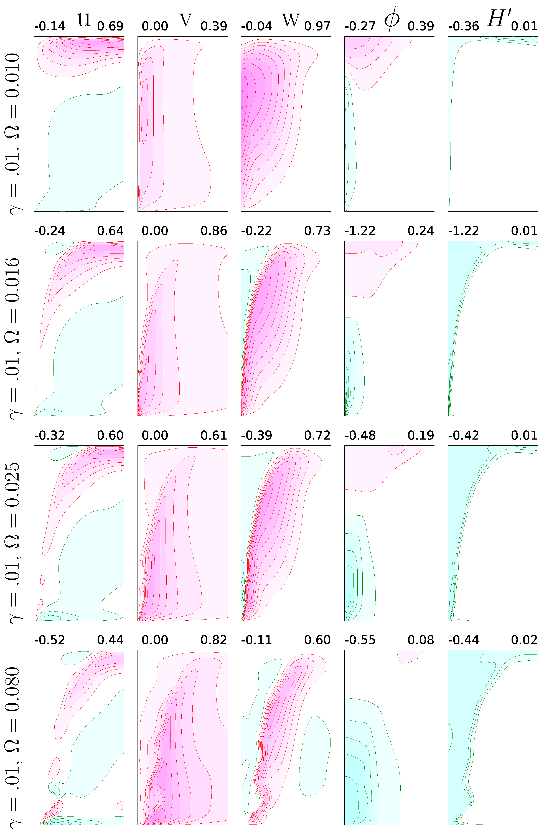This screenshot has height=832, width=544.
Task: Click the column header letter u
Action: pyautogui.click(x=84, y=20)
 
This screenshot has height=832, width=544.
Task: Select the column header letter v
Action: pyautogui.click(x=186, y=20)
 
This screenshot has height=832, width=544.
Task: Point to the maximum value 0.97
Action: pyautogui.click(x=317, y=26)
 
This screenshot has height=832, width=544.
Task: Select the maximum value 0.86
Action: pyautogui.click(x=214, y=231)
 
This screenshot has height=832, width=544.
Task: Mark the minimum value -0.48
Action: pyautogui.click(x=360, y=436)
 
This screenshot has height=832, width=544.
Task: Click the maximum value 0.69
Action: pyautogui.click(x=110, y=26)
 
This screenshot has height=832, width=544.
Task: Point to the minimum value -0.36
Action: pyautogui.click(x=464, y=26)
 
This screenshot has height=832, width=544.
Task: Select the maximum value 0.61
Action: pyautogui.click(x=214, y=436)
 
